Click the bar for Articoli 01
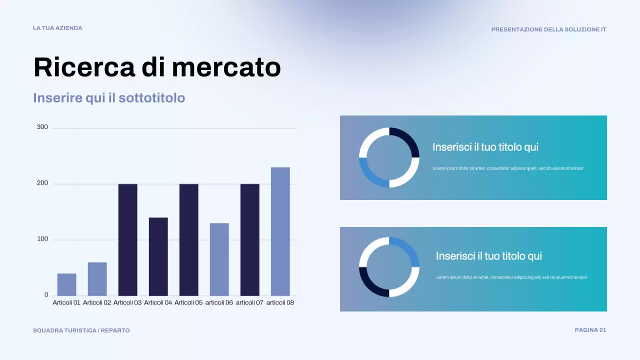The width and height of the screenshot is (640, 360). click(x=66, y=284)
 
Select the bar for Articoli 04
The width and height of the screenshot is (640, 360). click(x=158, y=256)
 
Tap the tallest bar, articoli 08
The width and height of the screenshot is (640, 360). click(x=280, y=231)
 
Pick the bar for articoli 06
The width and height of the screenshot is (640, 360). click(x=219, y=259)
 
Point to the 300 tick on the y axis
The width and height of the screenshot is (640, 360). click(x=42, y=127)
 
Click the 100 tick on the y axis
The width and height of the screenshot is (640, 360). click(x=42, y=239)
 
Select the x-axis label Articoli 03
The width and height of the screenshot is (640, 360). click(x=127, y=302)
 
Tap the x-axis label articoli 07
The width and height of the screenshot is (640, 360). click(x=249, y=302)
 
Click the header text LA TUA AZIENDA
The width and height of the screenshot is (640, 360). click(x=57, y=28)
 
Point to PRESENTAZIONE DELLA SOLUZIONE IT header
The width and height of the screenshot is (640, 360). click(x=548, y=29)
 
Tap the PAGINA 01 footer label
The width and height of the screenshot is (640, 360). click(x=590, y=330)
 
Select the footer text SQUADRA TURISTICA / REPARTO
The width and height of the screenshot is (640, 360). click(x=81, y=330)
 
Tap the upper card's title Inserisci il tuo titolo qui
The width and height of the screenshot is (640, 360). click(x=485, y=147)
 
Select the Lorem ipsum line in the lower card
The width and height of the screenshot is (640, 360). click(x=511, y=277)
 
